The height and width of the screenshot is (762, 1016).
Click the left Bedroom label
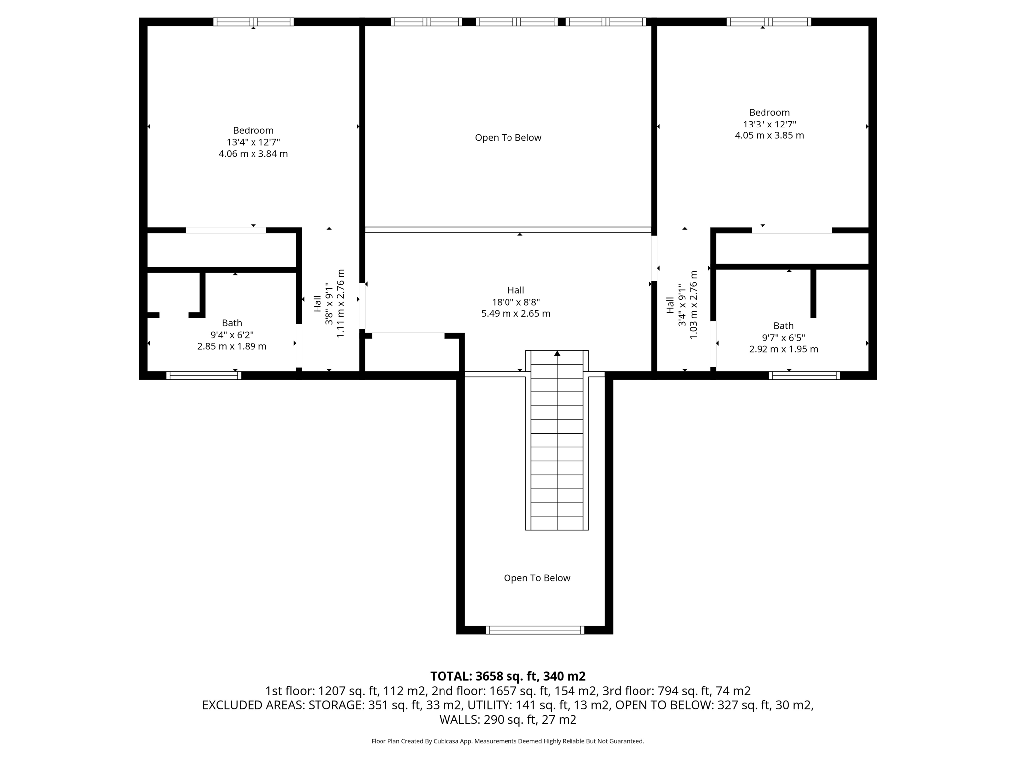253,130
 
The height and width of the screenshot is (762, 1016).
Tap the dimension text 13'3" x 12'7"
769,124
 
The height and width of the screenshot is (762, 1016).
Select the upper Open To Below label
508,138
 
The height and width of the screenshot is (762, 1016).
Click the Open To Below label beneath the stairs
537,578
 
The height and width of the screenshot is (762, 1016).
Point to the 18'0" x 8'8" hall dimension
515,302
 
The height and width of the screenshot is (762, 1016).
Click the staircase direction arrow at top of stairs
557,354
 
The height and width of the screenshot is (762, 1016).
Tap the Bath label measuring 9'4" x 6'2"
232,323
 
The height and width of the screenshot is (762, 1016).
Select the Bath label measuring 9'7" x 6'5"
783,326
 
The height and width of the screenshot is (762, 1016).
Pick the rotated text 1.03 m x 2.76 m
693,305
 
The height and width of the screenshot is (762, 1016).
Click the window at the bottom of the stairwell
535,630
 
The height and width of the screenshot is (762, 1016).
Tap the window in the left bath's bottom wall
203,375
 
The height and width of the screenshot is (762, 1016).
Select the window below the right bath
804,375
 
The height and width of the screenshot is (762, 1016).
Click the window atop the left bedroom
254,22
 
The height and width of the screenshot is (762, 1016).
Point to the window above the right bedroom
768,22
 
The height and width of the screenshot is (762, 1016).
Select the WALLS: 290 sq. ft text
508,719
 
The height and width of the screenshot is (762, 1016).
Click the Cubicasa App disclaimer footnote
508,741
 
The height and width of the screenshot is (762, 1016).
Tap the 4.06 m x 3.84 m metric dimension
253,154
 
